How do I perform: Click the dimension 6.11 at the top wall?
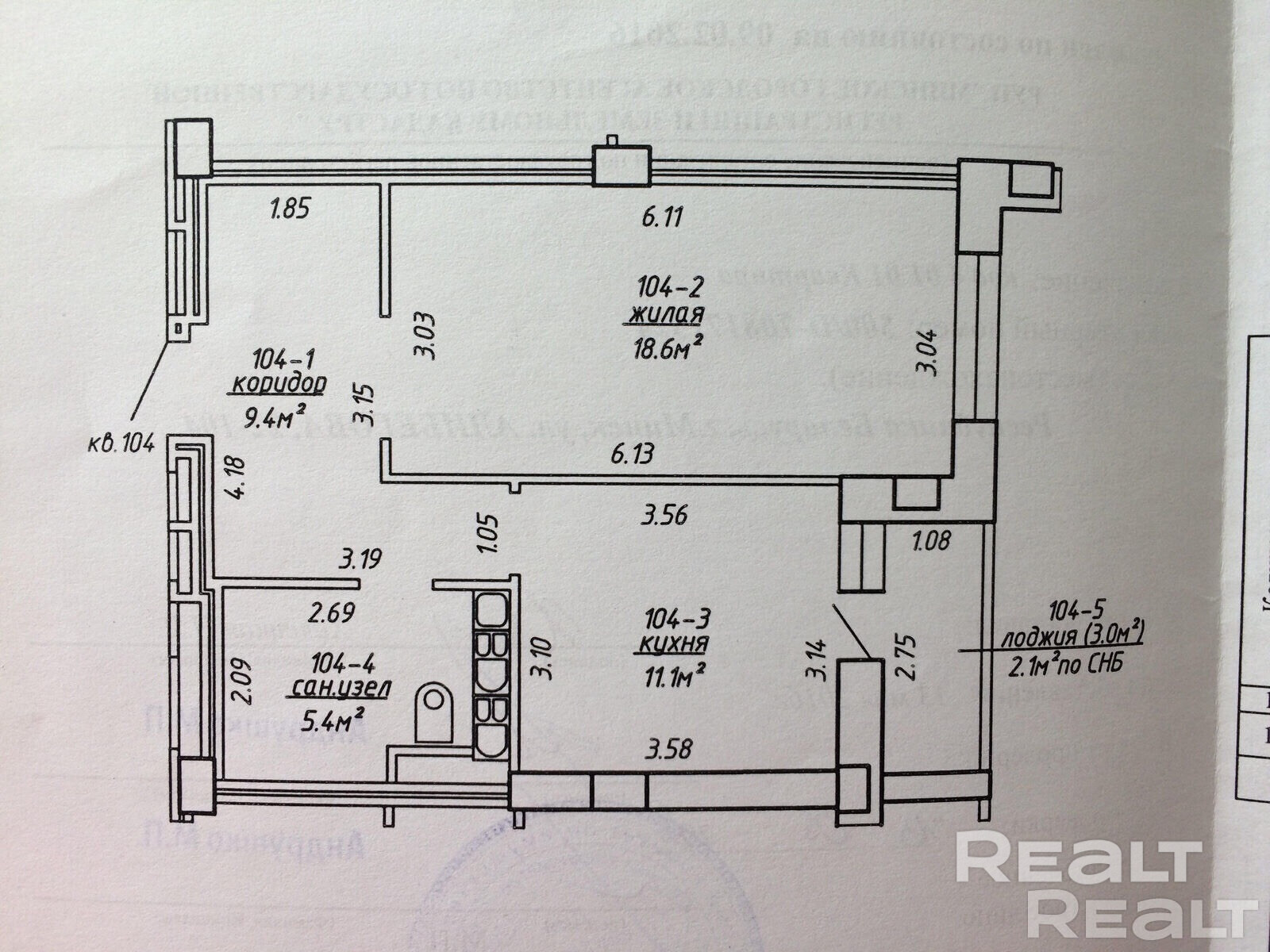662,217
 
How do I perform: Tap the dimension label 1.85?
288,210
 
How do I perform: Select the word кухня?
671,643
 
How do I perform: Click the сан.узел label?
339,689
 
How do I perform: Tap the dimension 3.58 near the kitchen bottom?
672,748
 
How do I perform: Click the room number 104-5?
1076,611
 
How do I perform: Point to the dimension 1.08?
930,542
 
